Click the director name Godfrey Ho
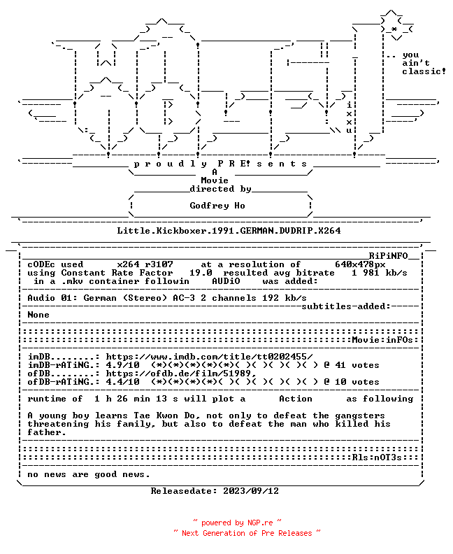point(217,206)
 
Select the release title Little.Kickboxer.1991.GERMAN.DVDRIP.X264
point(229,231)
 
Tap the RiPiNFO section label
point(389,256)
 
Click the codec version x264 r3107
point(145,264)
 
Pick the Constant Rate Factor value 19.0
point(201,273)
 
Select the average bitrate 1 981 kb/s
point(379,273)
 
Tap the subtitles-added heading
point(346,306)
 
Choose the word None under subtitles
point(38,315)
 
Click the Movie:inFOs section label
point(382,340)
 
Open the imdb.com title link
point(210,357)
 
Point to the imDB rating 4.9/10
point(122,365)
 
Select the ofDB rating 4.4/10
point(122,382)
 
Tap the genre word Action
point(296,399)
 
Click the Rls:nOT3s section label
point(377,457)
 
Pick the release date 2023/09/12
point(251,491)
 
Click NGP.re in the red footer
point(260,523)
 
